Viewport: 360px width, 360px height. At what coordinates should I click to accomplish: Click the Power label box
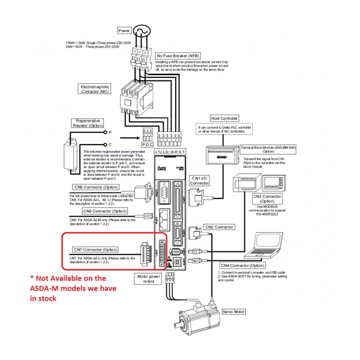(124, 30)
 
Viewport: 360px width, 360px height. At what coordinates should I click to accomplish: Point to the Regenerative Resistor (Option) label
(88, 123)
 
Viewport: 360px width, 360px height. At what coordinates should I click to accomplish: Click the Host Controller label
(225, 119)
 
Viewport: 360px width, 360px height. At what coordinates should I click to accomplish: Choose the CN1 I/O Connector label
(200, 181)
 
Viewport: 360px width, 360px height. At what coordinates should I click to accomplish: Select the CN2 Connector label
(219, 227)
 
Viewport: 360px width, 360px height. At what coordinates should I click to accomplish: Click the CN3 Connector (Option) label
(268, 198)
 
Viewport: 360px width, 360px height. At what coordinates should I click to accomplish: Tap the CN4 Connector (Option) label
(242, 265)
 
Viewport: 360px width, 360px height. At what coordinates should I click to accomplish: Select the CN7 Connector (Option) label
(95, 250)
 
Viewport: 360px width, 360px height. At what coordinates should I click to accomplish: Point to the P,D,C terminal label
(147, 144)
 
